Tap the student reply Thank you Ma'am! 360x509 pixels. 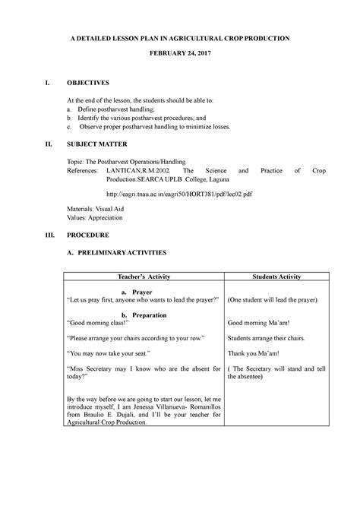254,353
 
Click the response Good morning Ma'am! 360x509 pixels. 260,323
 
